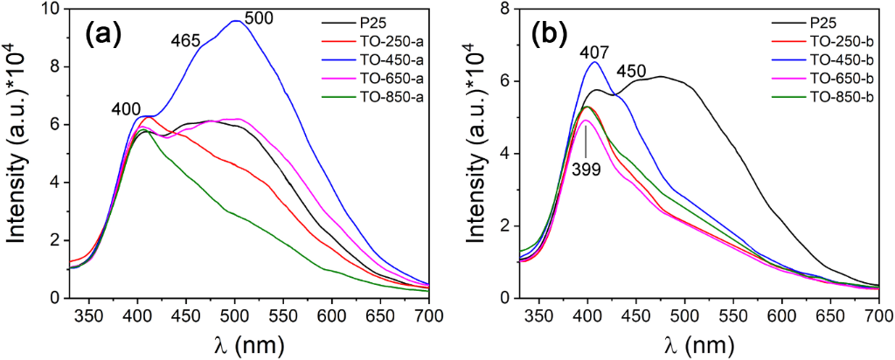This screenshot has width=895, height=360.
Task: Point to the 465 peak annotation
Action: (x=185, y=39)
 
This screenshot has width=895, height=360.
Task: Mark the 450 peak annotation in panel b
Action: (x=635, y=71)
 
